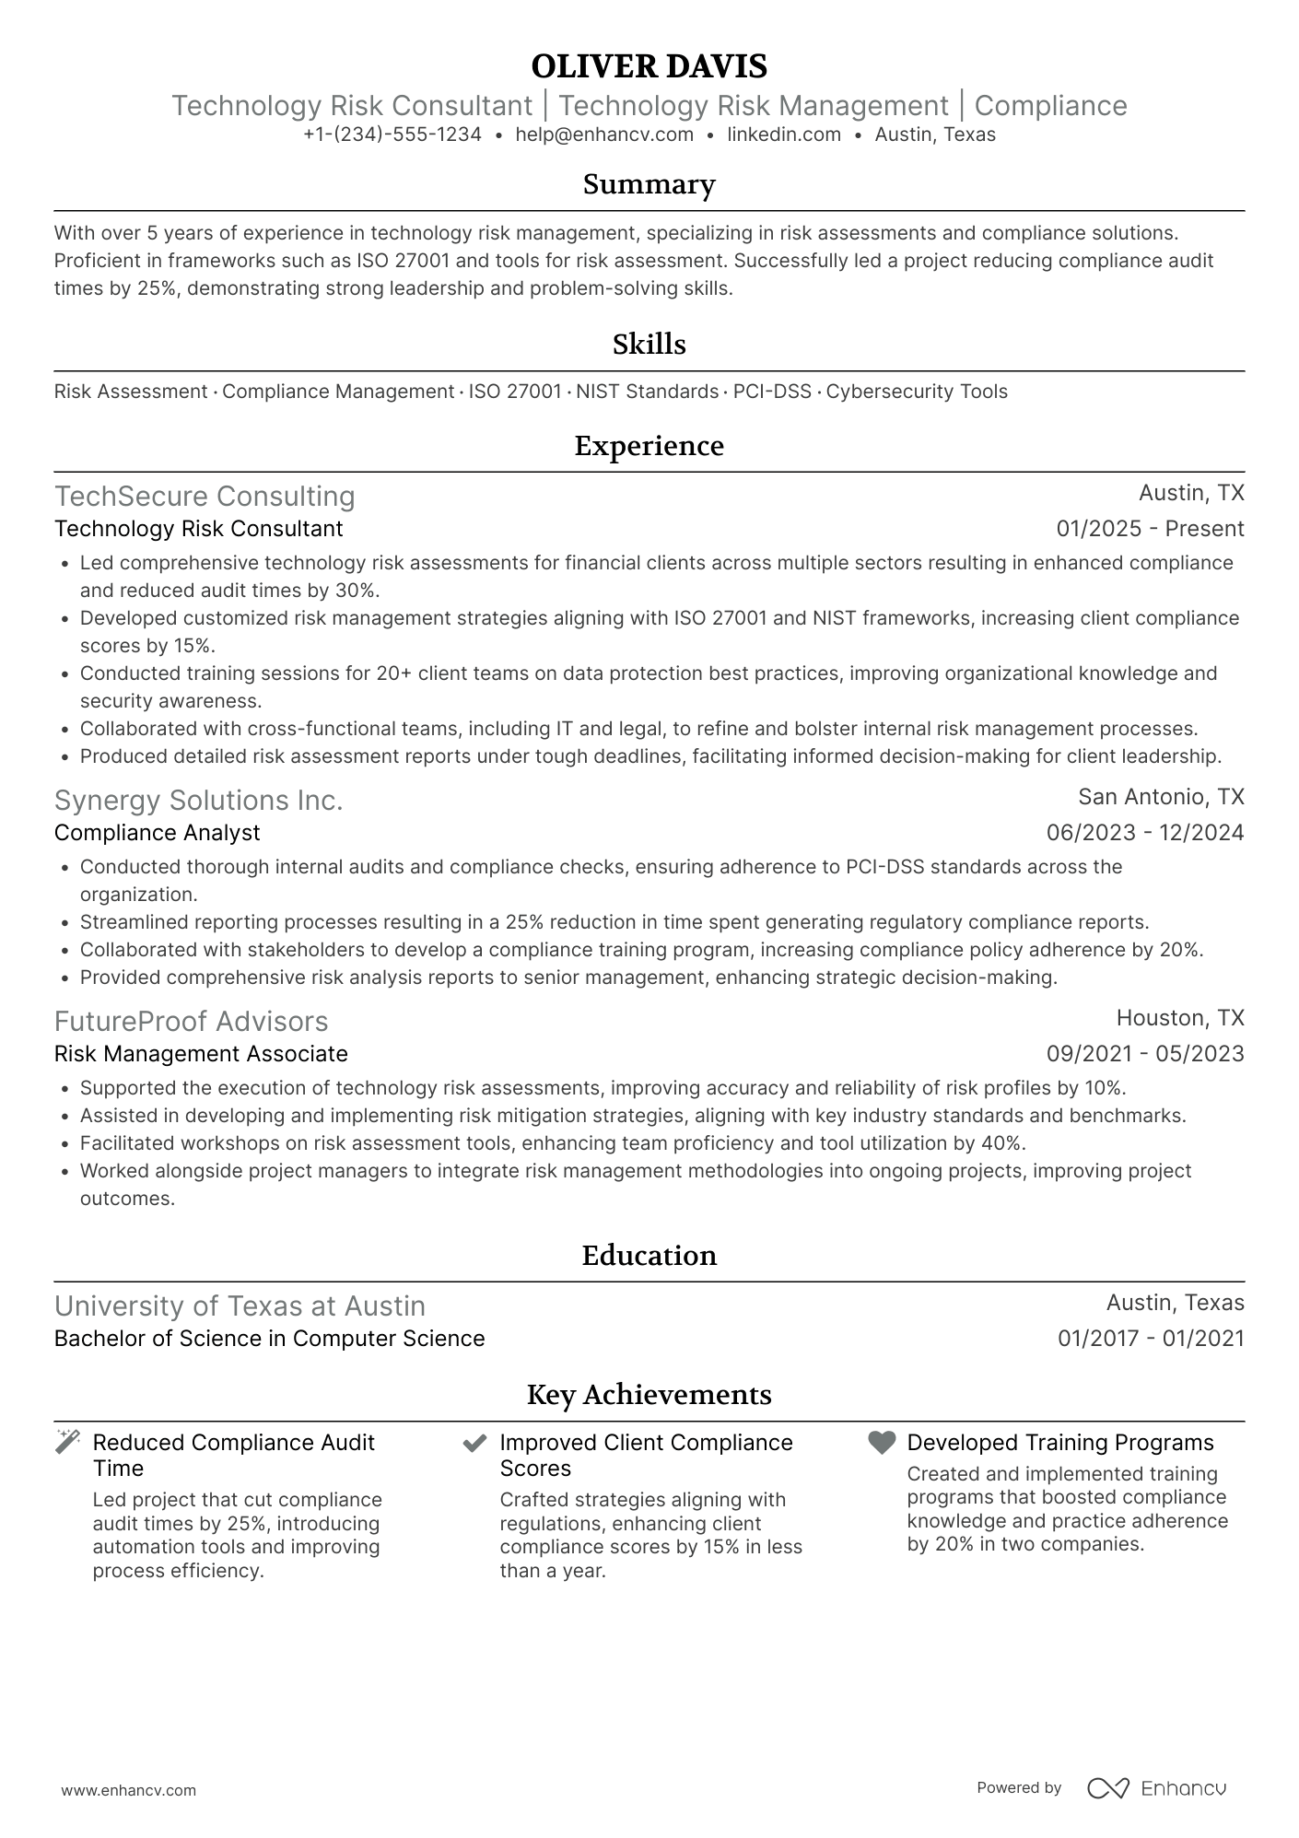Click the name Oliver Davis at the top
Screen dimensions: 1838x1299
point(649,66)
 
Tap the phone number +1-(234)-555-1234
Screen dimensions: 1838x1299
point(392,135)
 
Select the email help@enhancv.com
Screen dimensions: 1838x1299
point(604,135)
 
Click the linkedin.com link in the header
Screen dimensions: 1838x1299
point(784,135)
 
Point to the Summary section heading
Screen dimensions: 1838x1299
point(649,184)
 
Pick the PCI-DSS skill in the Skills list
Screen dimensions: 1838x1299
point(772,392)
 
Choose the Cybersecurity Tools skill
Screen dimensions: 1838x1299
point(917,392)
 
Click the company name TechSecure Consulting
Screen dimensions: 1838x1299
point(205,497)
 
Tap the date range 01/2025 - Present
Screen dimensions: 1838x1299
point(1150,529)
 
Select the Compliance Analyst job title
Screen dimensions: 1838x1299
point(158,833)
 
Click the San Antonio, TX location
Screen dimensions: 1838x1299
point(1161,797)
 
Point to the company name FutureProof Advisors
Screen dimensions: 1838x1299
point(192,1022)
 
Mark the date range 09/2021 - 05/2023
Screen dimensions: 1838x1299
point(1145,1054)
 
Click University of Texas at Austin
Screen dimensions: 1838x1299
point(240,1306)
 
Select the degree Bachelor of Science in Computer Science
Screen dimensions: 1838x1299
point(269,1339)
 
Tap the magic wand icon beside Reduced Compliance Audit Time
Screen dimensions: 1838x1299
point(67,1442)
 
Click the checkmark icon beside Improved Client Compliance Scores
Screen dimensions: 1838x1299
point(474,1443)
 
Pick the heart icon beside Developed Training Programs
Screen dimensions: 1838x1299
point(882,1443)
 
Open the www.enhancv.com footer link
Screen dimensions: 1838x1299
point(129,1790)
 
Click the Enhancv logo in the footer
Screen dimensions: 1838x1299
point(1157,1788)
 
